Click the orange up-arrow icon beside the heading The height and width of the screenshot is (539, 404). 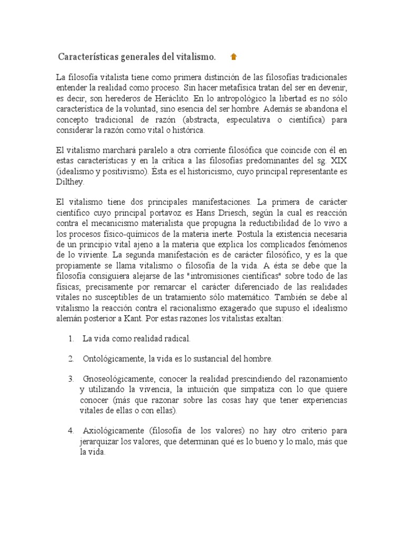pyautogui.click(x=234, y=57)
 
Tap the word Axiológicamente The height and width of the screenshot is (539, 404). pyautogui.click(x=112, y=431)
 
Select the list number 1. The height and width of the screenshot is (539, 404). pyautogui.click(x=70, y=338)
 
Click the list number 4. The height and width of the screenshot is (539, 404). pyautogui.click(x=70, y=431)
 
